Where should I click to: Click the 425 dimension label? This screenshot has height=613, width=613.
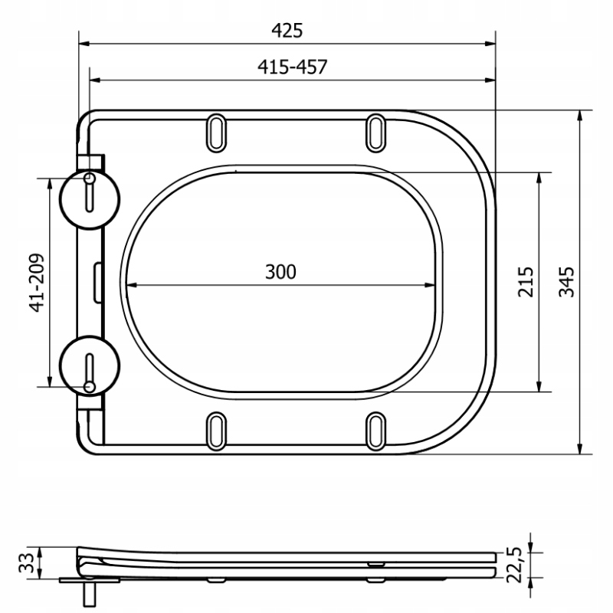click(x=287, y=30)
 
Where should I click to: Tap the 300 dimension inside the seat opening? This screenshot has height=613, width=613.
click(x=280, y=271)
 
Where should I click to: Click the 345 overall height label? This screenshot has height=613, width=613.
click(x=566, y=281)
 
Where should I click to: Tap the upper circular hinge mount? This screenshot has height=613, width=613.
click(x=90, y=198)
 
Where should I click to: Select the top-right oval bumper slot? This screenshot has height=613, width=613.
click(x=375, y=131)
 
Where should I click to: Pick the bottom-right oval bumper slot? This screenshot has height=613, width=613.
click(x=375, y=431)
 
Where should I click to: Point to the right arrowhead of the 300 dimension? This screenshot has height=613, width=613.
click(x=433, y=285)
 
